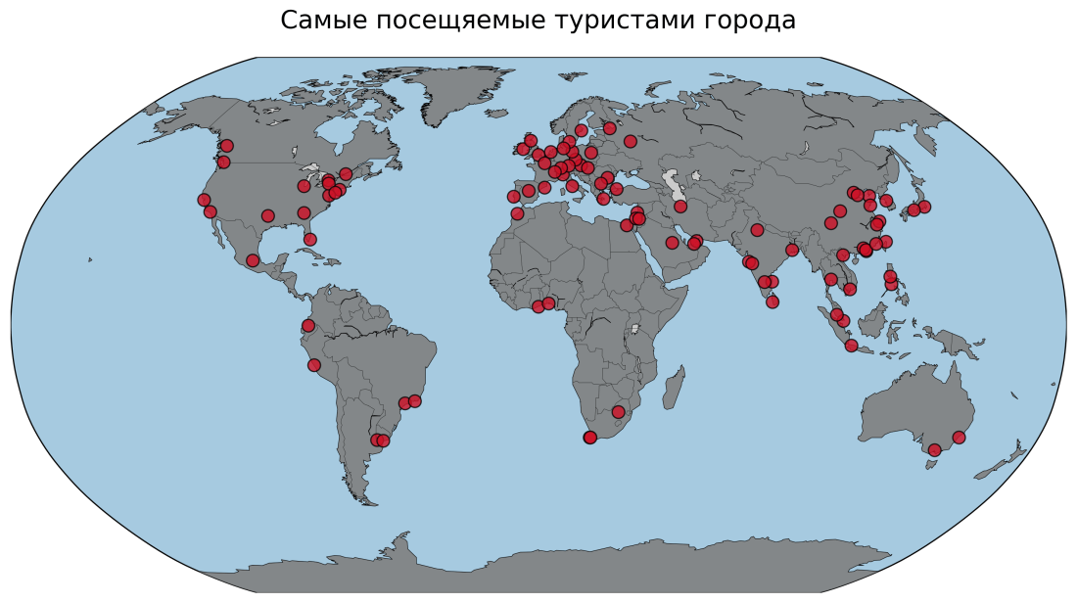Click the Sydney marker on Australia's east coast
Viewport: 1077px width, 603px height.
pos(959,438)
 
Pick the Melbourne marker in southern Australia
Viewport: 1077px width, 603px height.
pos(934,450)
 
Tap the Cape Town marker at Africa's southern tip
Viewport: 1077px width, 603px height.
pos(589,438)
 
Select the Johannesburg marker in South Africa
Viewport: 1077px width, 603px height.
pos(618,412)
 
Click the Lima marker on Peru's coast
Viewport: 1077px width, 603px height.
pos(313,365)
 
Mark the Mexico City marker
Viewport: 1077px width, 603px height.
pos(253,260)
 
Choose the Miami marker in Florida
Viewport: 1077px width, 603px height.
pos(310,239)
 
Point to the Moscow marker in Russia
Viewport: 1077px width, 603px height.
pos(631,141)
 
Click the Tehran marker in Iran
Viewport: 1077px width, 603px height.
pos(680,207)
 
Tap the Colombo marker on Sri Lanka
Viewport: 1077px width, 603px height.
pos(773,301)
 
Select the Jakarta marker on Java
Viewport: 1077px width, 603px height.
pos(851,346)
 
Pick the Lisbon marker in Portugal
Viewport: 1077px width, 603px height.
pos(514,197)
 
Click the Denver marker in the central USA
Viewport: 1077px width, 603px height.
pos(267,215)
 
